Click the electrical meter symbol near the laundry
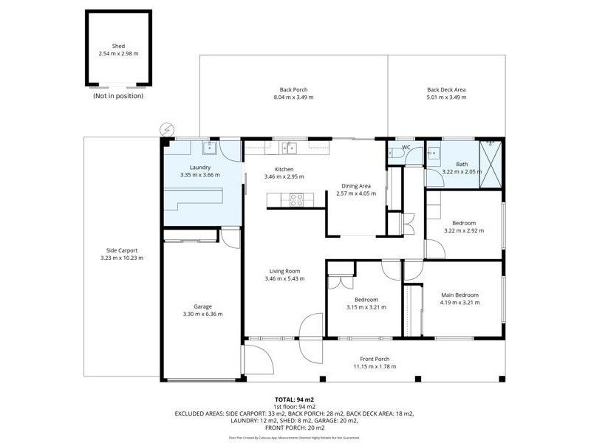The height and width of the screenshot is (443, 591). coord(167,129)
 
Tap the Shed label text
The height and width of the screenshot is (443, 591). coord(118,46)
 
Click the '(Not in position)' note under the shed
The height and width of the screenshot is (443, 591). coord(118,96)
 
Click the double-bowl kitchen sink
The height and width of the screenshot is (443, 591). coord(290,147)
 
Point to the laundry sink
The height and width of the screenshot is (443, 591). coord(209,148)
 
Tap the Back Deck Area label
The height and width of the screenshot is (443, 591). coord(446,90)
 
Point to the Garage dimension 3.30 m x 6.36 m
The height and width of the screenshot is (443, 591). coord(202,314)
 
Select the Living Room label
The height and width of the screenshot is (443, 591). coord(284,271)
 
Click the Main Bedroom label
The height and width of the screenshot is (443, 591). coord(460,295)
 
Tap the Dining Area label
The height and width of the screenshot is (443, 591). coord(356,185)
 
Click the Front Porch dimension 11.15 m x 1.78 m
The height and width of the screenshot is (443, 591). coord(375,366)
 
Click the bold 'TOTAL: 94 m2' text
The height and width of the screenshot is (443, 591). coord(295,399)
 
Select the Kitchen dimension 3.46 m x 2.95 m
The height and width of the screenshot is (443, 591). coord(284,177)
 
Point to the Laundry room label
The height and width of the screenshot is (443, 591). coord(200,167)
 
